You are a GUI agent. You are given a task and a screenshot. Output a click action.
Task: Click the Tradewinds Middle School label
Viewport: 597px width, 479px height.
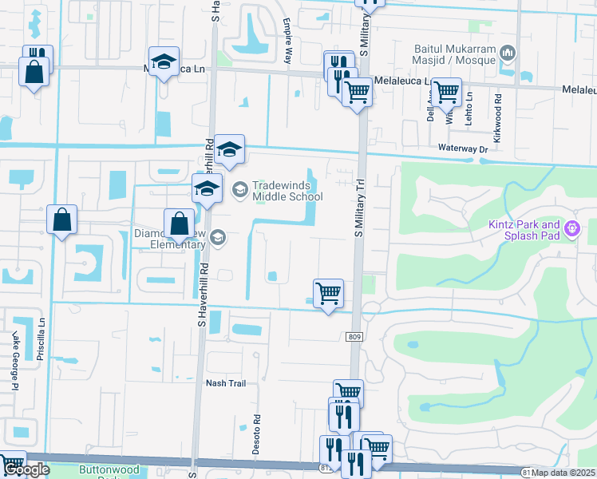point(287,191)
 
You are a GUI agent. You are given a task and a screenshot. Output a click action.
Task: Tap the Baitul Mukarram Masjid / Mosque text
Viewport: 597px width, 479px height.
point(453,53)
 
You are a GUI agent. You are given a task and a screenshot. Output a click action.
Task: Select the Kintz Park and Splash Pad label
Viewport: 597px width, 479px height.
point(524,230)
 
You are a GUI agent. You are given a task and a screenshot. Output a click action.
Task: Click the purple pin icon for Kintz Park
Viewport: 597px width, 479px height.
point(571,230)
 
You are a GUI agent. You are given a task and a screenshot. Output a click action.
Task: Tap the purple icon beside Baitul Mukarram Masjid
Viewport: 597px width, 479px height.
point(508,53)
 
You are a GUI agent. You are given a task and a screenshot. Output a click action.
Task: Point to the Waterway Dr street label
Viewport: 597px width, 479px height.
point(462,148)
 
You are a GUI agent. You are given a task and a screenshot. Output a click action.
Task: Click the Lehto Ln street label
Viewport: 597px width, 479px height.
point(470,107)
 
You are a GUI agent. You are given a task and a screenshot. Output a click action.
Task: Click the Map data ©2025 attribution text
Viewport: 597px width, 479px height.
point(563,473)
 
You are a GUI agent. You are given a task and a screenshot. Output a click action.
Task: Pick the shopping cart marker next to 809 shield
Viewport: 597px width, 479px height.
point(328,293)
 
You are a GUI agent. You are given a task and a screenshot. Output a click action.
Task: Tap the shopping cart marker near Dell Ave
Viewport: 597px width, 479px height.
point(446,91)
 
